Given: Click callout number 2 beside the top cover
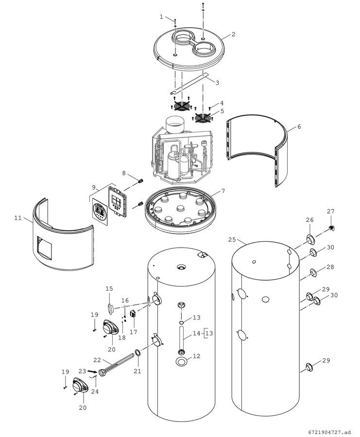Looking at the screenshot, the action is (x=233, y=34).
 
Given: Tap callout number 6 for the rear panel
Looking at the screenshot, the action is (x=299, y=127).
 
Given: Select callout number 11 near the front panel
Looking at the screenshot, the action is (x=18, y=218).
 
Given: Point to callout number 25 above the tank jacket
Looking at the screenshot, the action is (x=232, y=240).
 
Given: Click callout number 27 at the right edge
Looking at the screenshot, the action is (x=331, y=211).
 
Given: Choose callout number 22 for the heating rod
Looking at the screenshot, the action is (x=97, y=360).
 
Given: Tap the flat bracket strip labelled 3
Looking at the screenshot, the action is (x=189, y=84).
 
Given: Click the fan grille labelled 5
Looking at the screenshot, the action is (x=203, y=118).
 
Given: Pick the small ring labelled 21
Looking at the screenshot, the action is (x=138, y=353).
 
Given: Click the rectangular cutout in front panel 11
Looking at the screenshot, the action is (x=44, y=248).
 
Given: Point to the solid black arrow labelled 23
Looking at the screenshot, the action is (x=91, y=371).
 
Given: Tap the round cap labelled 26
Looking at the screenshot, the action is (x=310, y=239).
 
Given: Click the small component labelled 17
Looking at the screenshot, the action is (x=133, y=314).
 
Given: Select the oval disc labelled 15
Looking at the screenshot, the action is (x=110, y=308).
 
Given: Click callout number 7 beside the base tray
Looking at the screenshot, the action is (x=223, y=191).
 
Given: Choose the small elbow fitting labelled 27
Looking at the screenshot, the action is (x=332, y=228).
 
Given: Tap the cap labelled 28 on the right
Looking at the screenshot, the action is (x=313, y=273).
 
